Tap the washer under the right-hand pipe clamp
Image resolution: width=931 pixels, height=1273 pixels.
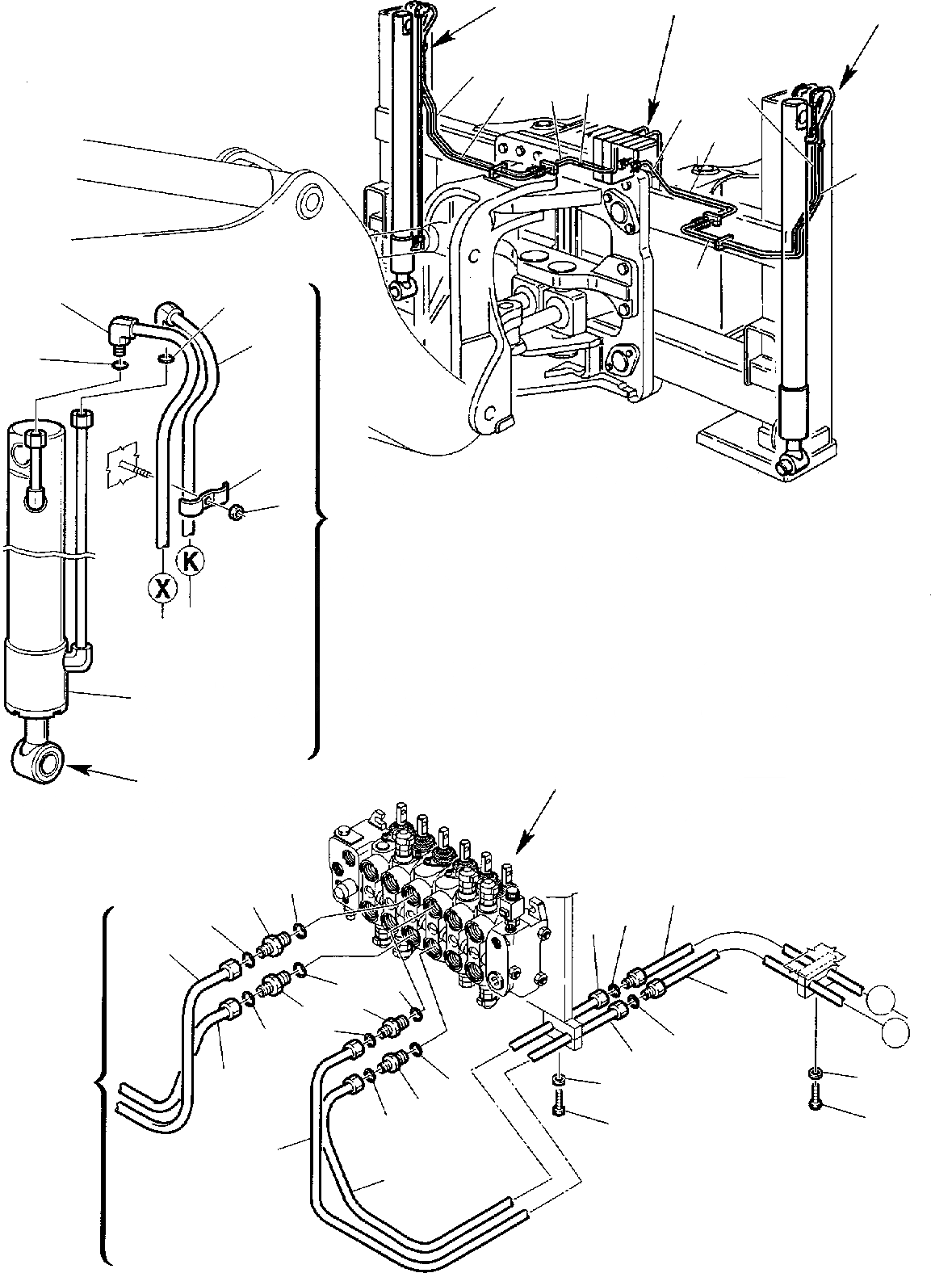(x=816, y=1073)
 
